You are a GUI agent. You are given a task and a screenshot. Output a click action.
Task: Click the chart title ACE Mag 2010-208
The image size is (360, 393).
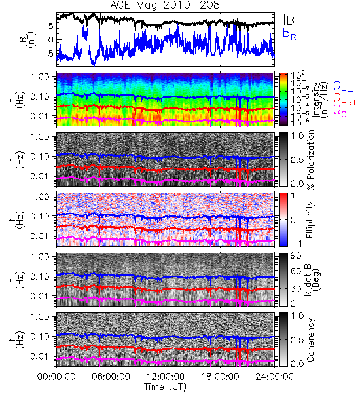(165, 5)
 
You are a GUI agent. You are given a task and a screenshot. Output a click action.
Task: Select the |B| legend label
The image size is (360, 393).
(291, 20)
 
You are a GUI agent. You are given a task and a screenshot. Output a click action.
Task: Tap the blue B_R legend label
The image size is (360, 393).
(289, 33)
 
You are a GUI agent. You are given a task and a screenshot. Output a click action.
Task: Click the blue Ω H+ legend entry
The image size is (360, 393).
(343, 88)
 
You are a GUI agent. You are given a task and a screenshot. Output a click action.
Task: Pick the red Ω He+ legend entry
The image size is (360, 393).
(345, 100)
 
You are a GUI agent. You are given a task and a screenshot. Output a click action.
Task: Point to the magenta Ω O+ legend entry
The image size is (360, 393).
(343, 111)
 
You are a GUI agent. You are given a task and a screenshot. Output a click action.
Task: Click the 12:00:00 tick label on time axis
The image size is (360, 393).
(166, 377)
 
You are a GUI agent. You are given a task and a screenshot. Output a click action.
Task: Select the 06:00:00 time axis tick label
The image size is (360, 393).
(111, 377)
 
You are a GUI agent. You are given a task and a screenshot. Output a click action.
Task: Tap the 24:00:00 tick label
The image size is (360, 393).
(274, 377)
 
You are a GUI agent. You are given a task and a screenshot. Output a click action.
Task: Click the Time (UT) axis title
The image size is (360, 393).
(166, 386)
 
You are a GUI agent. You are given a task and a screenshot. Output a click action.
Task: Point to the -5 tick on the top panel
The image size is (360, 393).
(49, 54)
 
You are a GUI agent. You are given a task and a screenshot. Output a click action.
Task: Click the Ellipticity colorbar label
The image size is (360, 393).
(310, 219)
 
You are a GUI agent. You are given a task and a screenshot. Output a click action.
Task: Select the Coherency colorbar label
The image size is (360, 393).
(310, 340)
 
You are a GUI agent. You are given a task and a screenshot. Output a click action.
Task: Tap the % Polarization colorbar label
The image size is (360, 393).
(310, 160)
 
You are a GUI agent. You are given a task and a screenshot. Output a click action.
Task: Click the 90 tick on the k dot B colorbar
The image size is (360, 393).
(296, 256)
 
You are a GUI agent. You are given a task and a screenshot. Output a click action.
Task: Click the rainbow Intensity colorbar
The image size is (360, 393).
(283, 100)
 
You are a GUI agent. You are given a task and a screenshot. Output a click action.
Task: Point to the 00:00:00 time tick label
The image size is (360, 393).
(56, 377)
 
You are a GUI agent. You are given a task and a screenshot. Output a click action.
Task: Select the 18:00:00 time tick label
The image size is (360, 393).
(220, 377)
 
